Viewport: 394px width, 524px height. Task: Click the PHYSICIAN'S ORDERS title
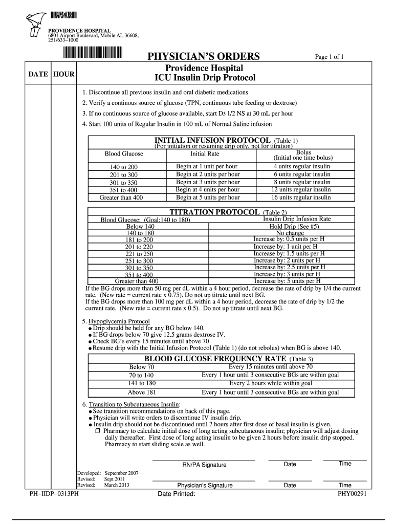(204, 56)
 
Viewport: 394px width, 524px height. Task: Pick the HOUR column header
(64, 75)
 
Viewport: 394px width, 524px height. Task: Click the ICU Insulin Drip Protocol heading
(204, 78)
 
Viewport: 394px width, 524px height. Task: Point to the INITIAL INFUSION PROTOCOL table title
(212, 140)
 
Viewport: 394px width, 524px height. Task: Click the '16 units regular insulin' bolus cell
(302, 198)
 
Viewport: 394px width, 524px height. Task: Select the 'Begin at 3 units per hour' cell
(208, 182)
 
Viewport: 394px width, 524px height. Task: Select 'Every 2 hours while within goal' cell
(271, 383)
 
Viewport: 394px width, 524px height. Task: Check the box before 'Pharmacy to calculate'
(97, 431)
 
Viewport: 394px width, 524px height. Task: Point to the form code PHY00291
(351, 495)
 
